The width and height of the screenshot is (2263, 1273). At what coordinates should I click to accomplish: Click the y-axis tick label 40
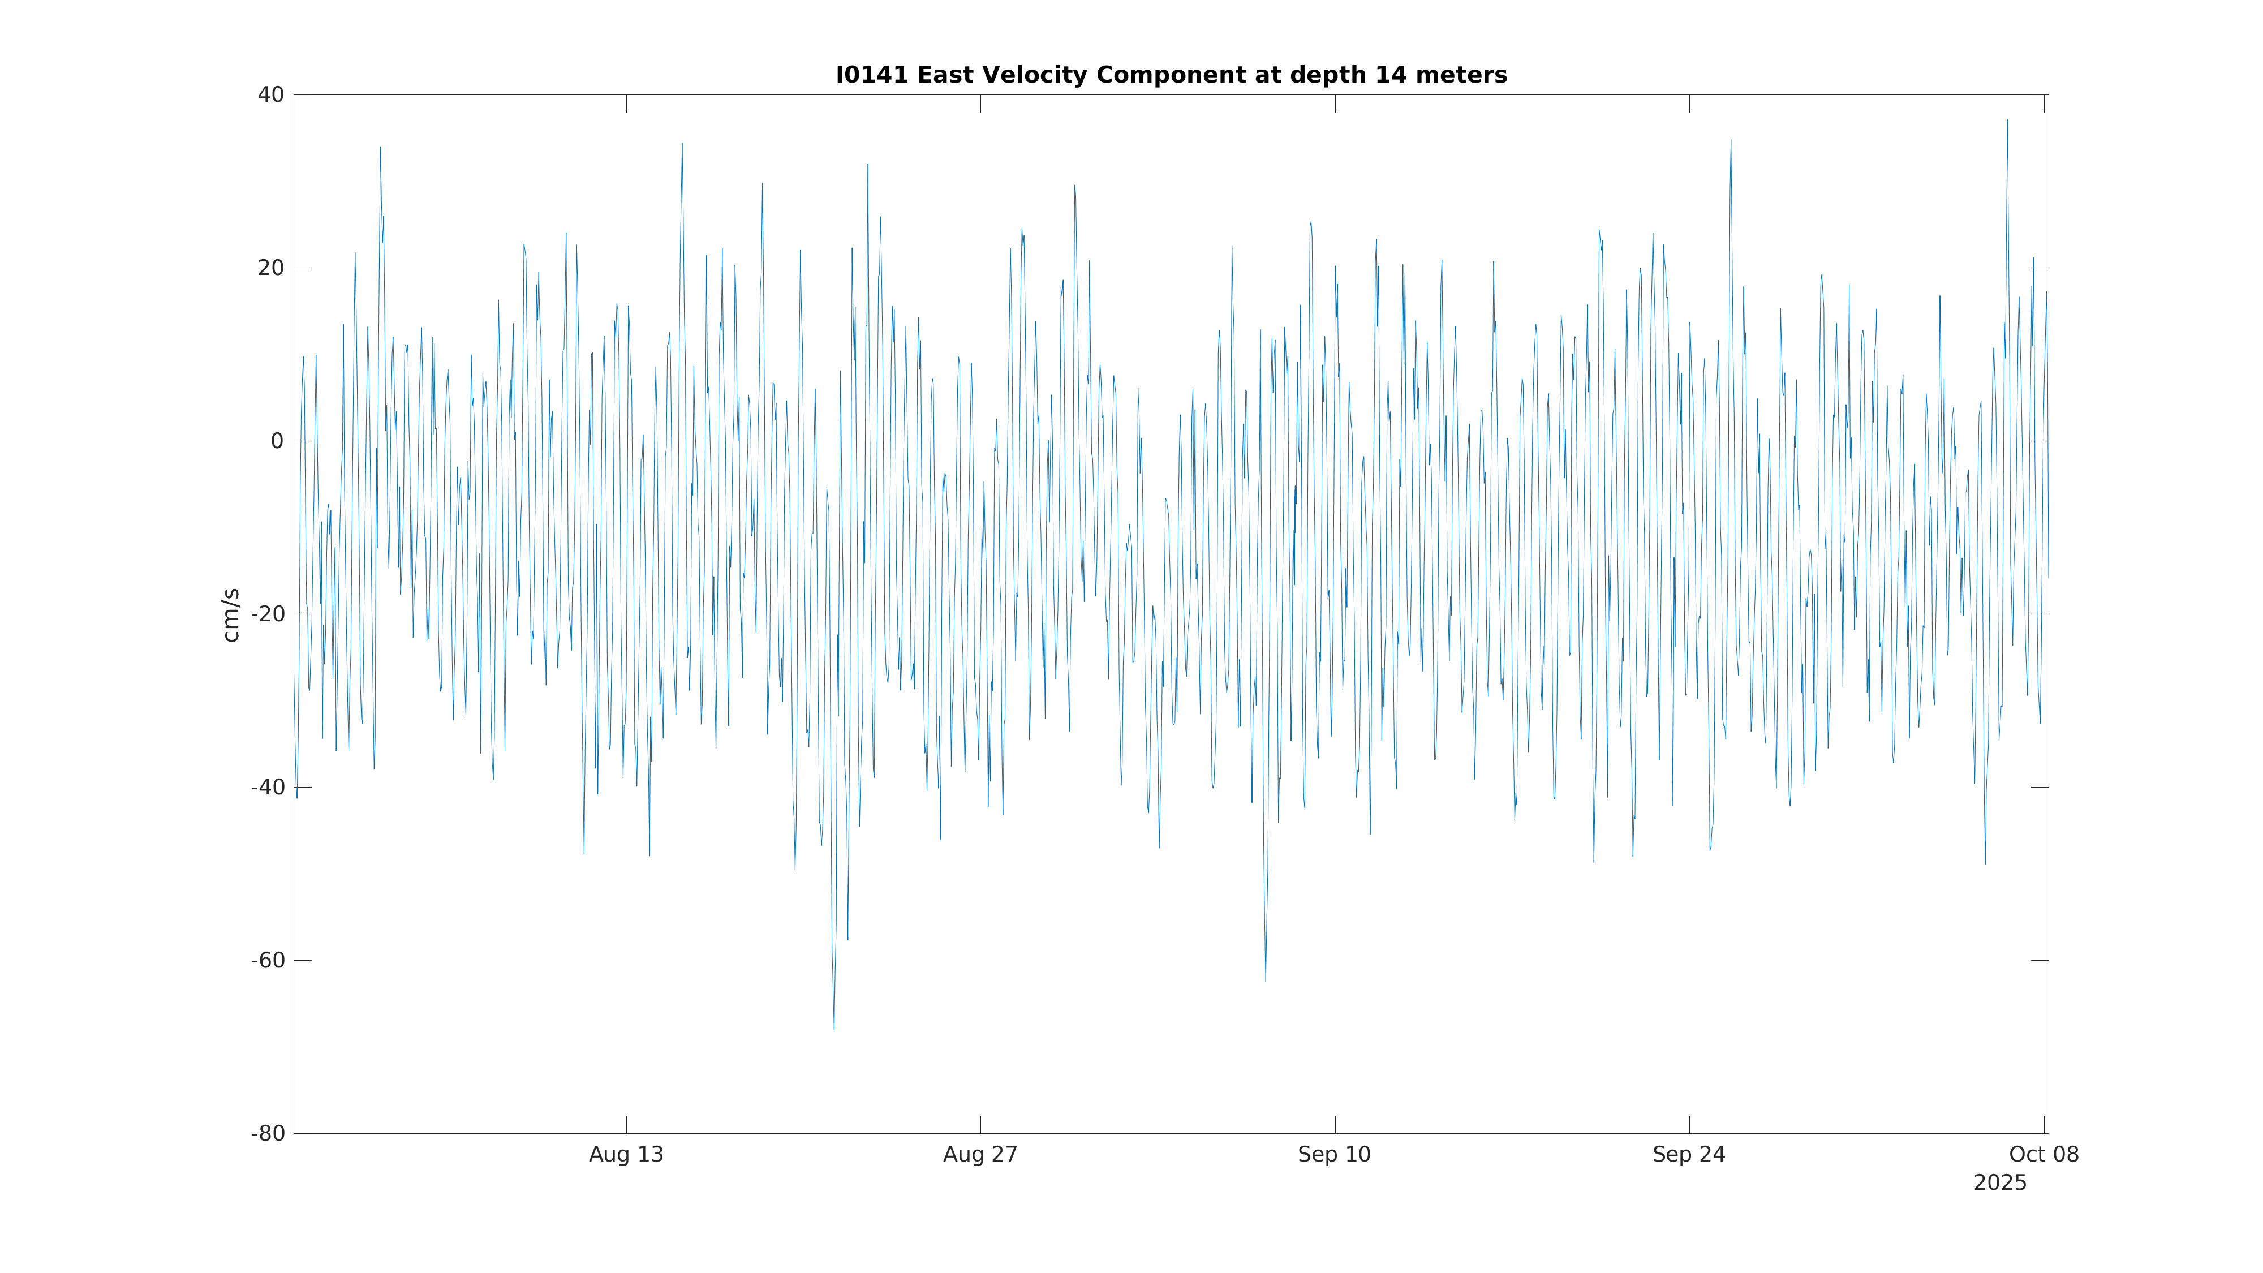(x=270, y=95)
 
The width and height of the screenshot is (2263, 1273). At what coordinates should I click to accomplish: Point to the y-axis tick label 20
(x=270, y=268)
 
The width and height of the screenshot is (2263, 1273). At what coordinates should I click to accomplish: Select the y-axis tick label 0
(x=277, y=441)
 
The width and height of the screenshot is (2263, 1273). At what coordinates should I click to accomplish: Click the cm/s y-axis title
(x=230, y=615)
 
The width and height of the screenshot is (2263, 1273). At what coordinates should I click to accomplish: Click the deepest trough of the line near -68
(x=834, y=1029)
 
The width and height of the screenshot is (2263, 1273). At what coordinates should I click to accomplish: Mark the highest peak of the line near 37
(x=2007, y=121)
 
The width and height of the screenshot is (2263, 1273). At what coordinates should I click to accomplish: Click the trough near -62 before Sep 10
(x=1265, y=981)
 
